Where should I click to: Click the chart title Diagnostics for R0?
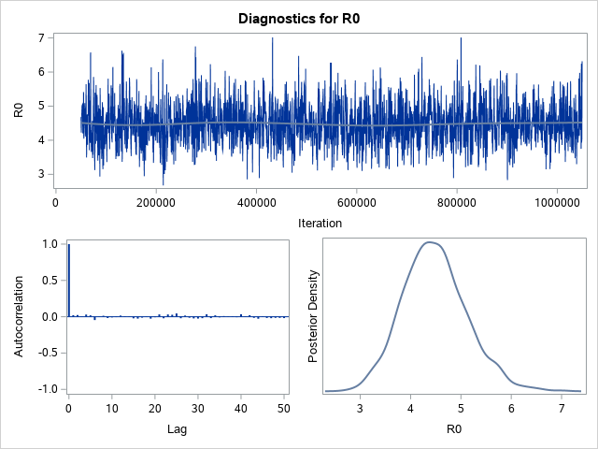coord(299,18)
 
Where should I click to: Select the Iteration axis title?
coord(319,223)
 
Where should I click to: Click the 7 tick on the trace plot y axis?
coord(41,37)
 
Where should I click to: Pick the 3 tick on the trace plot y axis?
coord(41,174)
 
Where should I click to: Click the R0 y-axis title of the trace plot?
coord(19,109)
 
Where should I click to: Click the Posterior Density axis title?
coord(314,316)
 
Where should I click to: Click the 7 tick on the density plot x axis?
coord(561,409)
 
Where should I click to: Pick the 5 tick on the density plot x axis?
coord(461,409)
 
